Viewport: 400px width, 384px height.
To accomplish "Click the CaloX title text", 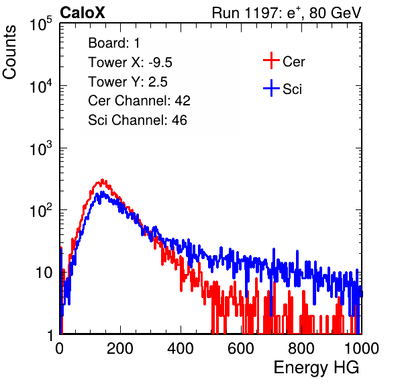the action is click(x=82, y=13).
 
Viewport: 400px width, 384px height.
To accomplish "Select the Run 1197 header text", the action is click(x=287, y=13).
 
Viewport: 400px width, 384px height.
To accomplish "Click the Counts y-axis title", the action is click(x=9, y=52).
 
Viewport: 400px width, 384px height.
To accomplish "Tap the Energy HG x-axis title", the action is click(x=316, y=368).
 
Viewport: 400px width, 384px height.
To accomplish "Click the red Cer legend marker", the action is click(x=271, y=60).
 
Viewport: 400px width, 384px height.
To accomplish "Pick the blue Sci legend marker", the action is click(x=271, y=88).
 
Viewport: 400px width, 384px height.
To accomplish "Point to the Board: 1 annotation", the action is click(x=114, y=43).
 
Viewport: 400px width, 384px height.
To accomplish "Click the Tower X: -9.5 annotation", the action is click(x=130, y=62).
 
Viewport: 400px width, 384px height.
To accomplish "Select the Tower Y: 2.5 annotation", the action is click(x=128, y=82).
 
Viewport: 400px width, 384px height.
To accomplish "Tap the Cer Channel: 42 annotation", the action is click(x=140, y=101).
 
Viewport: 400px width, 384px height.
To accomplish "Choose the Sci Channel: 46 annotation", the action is click(x=138, y=120).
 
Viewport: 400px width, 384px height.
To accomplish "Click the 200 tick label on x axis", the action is click(x=120, y=348).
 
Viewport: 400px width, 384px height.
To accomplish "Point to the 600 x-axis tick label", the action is click(x=241, y=348).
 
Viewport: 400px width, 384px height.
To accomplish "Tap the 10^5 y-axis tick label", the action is click(x=41, y=24).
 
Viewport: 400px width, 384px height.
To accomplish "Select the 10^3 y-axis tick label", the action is click(x=41, y=148).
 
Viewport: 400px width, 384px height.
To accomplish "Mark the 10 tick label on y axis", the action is click(x=44, y=273).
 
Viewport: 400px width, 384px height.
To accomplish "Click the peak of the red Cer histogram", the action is click(x=102, y=180).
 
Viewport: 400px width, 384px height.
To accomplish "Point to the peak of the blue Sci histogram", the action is click(x=102, y=192).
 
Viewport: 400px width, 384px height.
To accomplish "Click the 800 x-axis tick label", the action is click(x=301, y=348).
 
